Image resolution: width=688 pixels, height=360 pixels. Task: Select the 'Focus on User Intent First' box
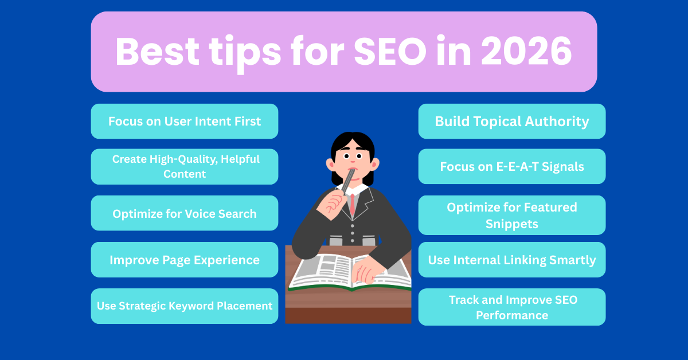click(185, 122)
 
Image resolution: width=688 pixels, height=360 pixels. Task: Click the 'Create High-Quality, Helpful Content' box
click(185, 166)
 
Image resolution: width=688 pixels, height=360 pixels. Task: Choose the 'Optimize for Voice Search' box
click(185, 214)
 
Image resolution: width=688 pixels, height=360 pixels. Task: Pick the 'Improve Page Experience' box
click(185, 260)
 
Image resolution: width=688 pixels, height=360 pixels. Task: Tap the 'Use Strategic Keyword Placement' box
click(185, 306)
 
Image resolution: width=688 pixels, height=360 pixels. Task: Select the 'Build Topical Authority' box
click(512, 122)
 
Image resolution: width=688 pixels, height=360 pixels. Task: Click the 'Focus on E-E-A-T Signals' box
click(512, 166)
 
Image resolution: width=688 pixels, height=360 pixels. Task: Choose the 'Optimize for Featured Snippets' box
click(512, 215)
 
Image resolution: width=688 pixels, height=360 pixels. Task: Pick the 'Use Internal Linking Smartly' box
click(512, 260)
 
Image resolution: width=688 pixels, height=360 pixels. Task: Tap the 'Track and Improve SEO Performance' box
click(512, 307)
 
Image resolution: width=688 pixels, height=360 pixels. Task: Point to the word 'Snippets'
click(512, 224)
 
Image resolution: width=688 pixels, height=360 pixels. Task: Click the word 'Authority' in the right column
click(556, 122)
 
